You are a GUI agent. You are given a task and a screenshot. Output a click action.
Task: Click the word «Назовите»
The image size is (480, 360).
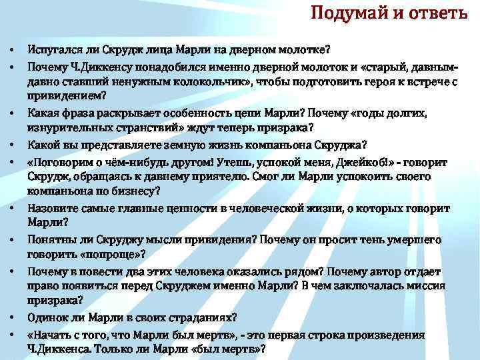pos(53,209)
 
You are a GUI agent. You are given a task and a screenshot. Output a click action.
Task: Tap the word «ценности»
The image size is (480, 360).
pos(190,209)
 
